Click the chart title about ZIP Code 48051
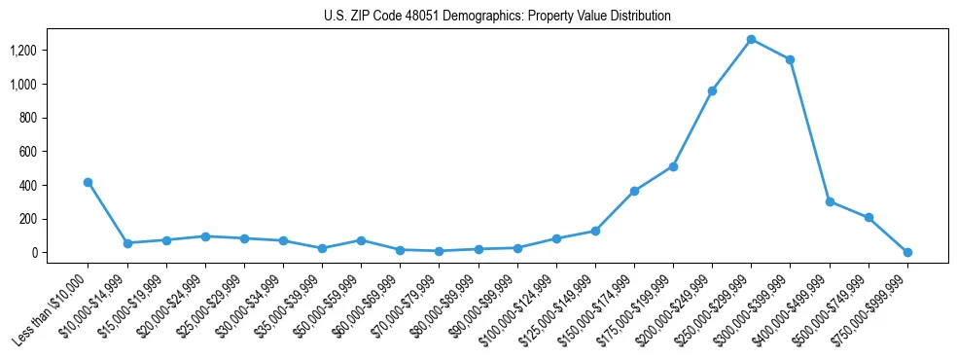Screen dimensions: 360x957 coord(497,17)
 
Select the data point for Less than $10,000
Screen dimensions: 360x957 coord(89,182)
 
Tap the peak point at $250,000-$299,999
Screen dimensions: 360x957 coord(751,39)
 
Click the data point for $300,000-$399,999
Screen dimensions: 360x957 coord(790,59)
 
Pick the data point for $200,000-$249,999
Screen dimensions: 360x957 coord(712,90)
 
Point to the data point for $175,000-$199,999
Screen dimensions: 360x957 coord(673,166)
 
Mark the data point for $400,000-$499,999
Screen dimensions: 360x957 coord(830,201)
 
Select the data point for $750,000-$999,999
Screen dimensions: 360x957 coord(907,252)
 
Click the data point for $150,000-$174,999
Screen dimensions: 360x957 coord(634,191)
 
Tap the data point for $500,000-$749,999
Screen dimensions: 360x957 coord(868,217)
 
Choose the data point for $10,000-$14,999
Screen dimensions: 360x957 coord(127,243)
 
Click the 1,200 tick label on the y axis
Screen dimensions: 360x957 coord(24,51)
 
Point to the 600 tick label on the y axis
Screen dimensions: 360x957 coord(29,152)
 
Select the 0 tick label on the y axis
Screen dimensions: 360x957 coord(35,253)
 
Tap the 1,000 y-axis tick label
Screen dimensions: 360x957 coord(24,85)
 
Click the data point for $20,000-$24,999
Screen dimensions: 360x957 coord(205,236)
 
